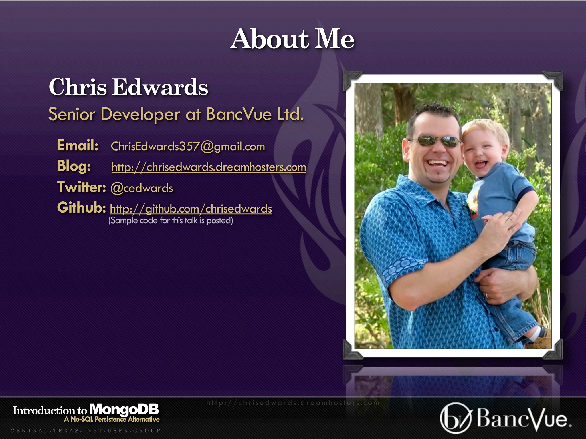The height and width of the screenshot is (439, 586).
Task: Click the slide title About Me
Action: (292, 39)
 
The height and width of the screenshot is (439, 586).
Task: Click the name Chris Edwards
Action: (128, 87)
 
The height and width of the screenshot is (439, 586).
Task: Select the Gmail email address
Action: (188, 147)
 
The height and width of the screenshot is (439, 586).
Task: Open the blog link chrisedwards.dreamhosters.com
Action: (209, 167)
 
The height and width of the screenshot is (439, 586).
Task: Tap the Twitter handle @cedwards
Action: (142, 188)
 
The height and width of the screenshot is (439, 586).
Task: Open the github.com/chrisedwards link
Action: (191, 209)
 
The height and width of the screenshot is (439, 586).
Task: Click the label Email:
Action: (78, 145)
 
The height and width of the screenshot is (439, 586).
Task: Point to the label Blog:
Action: (74, 166)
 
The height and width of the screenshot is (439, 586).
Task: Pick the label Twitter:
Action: (82, 187)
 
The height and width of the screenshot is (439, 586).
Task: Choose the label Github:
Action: (82, 207)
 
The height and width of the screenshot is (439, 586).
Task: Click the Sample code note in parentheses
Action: (171, 220)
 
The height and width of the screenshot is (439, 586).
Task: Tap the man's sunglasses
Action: (434, 141)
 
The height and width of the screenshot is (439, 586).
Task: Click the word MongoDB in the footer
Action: (124, 409)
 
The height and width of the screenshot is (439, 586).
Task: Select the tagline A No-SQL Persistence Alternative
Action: (112, 419)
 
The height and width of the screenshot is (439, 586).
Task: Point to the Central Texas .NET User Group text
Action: (86, 430)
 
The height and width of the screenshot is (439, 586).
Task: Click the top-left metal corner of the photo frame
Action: (351, 80)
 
